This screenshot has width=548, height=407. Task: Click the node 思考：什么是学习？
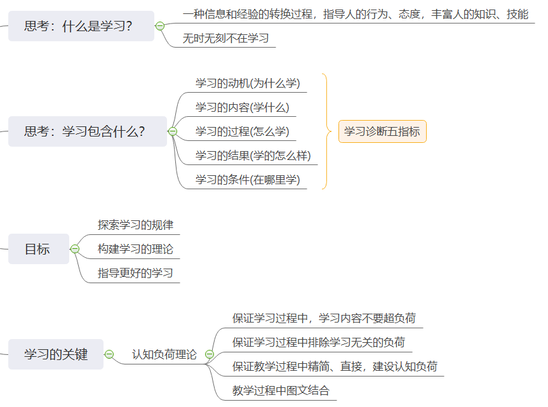click(x=81, y=26)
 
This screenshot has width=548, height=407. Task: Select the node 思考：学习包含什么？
click(x=87, y=131)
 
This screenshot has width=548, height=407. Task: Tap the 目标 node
click(x=38, y=249)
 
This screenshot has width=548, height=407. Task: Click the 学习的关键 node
click(x=56, y=354)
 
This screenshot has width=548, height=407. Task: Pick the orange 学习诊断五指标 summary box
click(x=382, y=131)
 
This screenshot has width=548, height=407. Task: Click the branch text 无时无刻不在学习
click(x=225, y=38)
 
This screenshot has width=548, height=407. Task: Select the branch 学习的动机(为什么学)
click(x=248, y=83)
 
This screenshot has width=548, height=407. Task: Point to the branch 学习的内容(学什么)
click(x=242, y=107)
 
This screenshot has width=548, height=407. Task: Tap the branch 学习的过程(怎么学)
click(x=242, y=131)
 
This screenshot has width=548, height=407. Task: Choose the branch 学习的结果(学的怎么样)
click(x=253, y=156)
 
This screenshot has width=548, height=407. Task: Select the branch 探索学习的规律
click(x=135, y=225)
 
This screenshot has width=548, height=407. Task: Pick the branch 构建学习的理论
click(x=135, y=249)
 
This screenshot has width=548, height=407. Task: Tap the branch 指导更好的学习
click(x=135, y=273)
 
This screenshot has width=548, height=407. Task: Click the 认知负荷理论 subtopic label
click(x=164, y=354)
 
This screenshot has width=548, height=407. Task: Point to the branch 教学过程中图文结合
click(x=281, y=390)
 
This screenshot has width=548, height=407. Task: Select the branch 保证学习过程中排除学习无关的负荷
click(x=319, y=342)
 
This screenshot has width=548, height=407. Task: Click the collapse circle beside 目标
click(x=75, y=249)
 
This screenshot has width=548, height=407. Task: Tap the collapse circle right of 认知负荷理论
click(x=210, y=354)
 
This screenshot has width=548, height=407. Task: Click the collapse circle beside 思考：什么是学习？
click(x=160, y=26)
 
